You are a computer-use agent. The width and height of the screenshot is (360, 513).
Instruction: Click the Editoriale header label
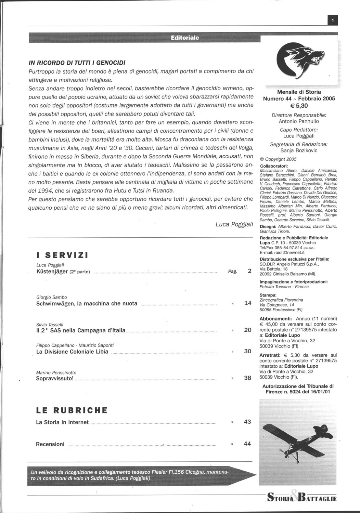point(185,38)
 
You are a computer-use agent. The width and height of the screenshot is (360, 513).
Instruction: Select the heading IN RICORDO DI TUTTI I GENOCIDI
point(77,63)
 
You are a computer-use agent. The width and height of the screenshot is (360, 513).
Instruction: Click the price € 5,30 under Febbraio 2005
point(299,106)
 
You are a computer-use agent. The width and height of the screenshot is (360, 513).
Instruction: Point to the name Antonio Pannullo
point(299,121)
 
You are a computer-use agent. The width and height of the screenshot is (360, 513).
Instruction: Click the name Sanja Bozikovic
point(299,150)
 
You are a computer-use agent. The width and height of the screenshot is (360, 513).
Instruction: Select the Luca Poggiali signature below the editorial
point(234,224)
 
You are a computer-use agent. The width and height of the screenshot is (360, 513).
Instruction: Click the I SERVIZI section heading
point(62,255)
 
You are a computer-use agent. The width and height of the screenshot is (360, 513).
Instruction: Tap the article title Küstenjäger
point(52,272)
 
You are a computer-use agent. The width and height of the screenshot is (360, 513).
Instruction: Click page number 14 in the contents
point(248,303)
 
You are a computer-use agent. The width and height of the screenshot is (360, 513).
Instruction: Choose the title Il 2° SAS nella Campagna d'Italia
point(81,330)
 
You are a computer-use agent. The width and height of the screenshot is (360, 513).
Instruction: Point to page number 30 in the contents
point(248,351)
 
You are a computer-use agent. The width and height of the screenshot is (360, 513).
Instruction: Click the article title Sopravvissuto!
point(55,378)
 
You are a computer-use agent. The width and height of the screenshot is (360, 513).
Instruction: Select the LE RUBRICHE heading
point(72,410)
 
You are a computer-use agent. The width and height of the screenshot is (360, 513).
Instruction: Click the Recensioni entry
point(50,444)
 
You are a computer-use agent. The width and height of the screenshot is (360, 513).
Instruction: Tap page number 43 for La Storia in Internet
point(248,422)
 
